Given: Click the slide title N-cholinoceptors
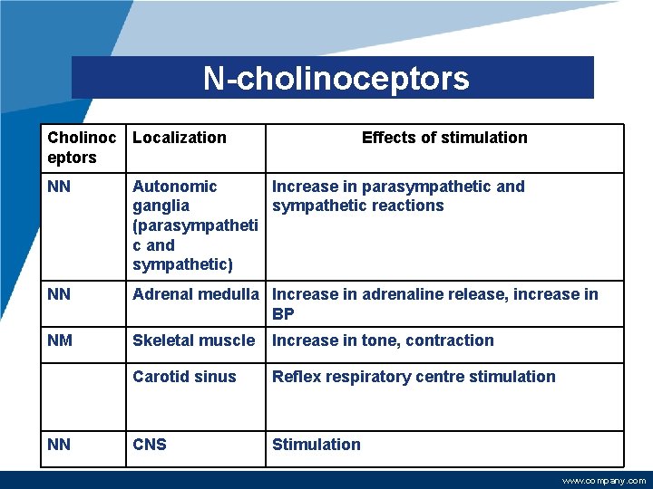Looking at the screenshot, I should coord(336,79).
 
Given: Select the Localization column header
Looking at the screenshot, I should coord(180,138).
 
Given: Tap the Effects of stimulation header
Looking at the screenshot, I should coord(443,138).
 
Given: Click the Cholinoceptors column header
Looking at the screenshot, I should coord(82,148).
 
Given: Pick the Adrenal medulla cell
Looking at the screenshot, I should coord(196,294).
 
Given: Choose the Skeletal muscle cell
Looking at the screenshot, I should coord(194,340).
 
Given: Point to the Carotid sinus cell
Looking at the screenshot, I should coord(184,377).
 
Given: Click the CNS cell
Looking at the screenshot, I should coord(150,445).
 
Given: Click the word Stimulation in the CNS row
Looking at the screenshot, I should coord(317,445).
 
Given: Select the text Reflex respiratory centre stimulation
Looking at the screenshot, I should coord(414,377).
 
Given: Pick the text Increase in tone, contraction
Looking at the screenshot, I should coord(383,340).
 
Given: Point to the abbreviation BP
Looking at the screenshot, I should coord(284,313).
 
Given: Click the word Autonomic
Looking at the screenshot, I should coord(175,187).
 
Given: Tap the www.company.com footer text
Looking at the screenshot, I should coord(604,481).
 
